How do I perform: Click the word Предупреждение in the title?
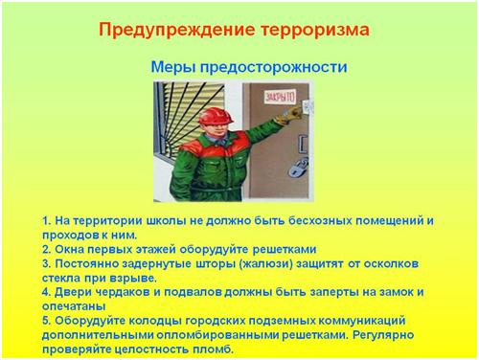[x=176, y=31]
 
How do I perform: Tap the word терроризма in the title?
[x=315, y=31]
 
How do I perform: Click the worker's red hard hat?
[x=215, y=116]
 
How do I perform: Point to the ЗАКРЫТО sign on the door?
[x=280, y=97]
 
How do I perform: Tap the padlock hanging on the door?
[x=299, y=168]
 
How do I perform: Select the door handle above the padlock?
[x=303, y=142]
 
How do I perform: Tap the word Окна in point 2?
[x=69, y=249]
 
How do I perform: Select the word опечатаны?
[x=74, y=306]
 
